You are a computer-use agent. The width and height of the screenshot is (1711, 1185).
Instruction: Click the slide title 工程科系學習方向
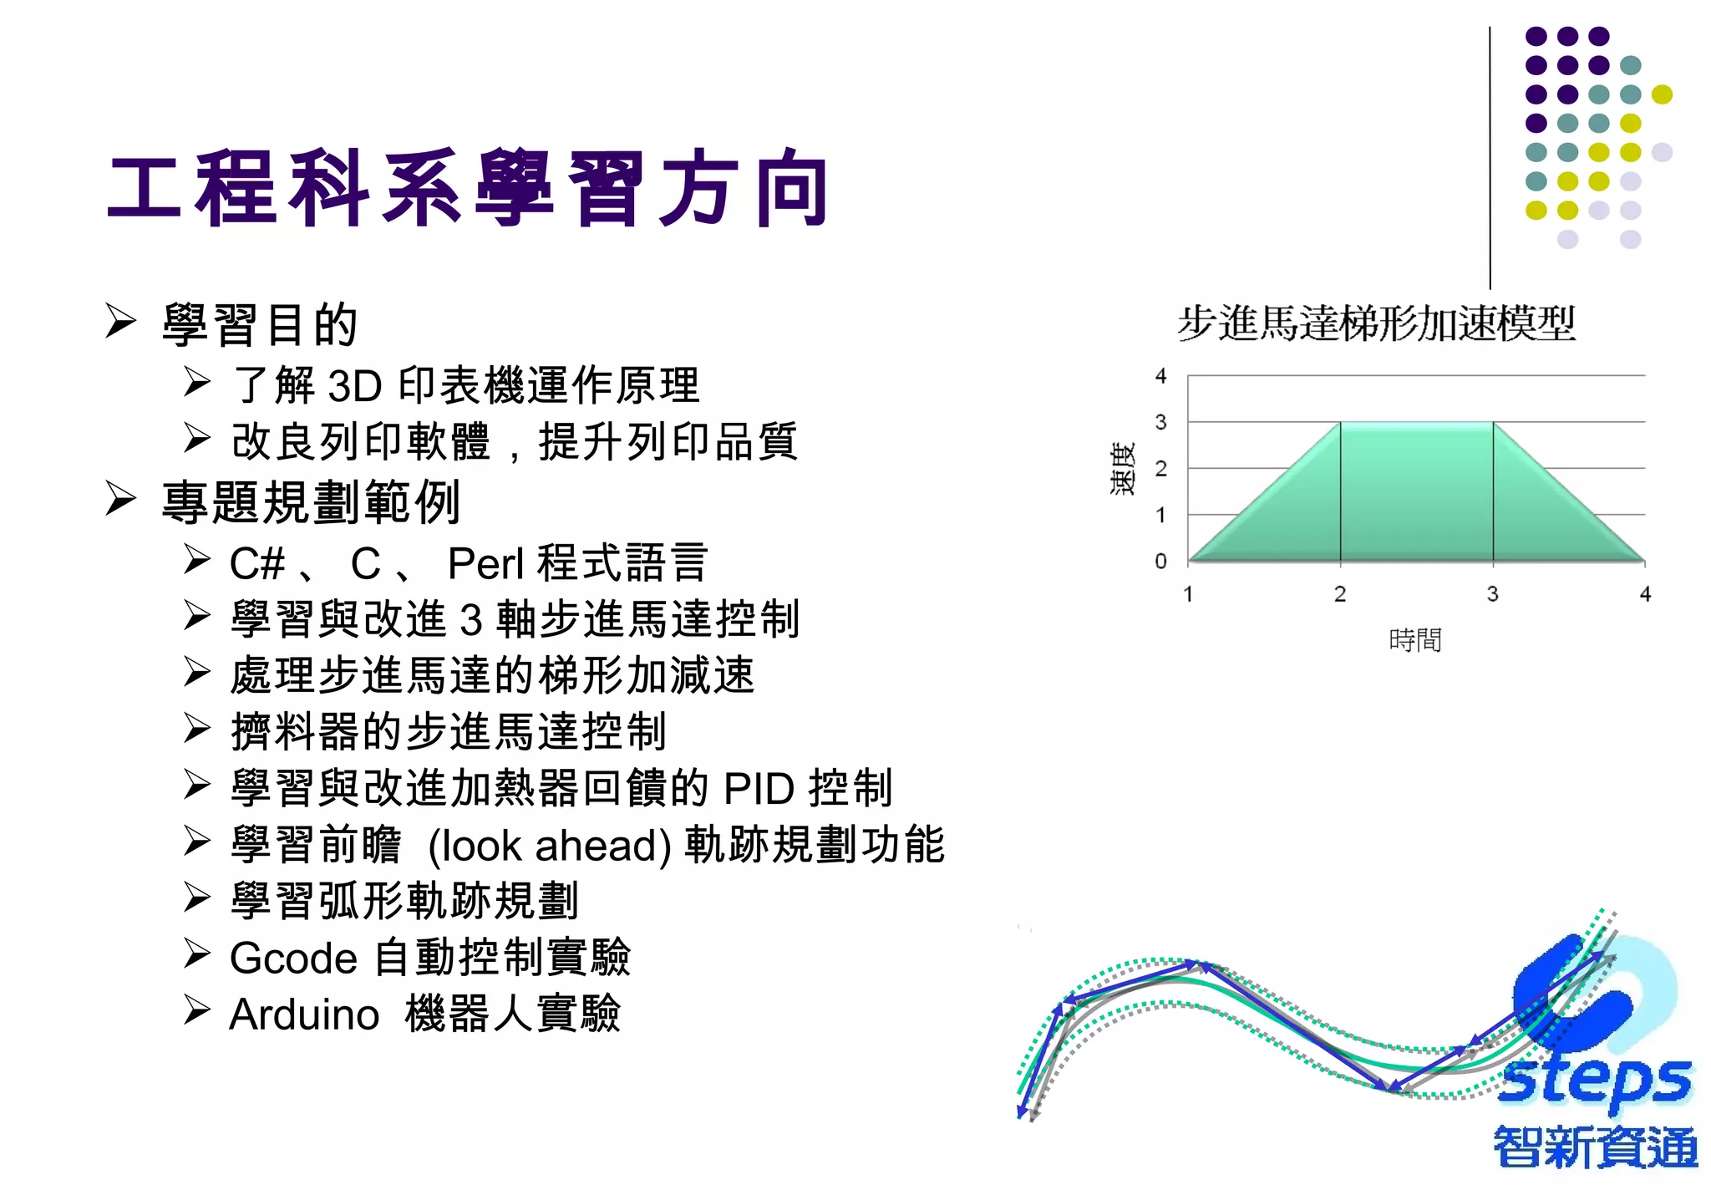pos(468,189)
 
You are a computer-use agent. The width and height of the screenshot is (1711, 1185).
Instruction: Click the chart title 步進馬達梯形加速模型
pos(1376,323)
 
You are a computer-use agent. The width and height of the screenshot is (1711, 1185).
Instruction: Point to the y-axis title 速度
pos(1123,469)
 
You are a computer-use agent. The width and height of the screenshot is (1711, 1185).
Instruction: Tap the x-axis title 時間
pos(1414,640)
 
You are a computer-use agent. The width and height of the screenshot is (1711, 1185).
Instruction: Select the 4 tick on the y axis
pos(1160,376)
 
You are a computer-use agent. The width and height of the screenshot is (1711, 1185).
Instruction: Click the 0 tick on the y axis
pos(1160,561)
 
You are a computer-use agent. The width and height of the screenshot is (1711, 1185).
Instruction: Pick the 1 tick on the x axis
pos(1188,594)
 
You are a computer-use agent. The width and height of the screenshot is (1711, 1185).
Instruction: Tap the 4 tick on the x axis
pos(1645,594)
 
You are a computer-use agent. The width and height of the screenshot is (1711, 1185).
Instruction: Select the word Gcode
pos(293,958)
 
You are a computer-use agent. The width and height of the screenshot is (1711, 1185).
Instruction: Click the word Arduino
pos(304,1015)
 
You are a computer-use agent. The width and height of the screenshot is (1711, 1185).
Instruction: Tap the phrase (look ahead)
pos(550,845)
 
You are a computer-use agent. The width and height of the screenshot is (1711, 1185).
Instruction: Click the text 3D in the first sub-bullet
pos(355,385)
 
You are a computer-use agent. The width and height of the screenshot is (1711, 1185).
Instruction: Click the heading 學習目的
pos(260,324)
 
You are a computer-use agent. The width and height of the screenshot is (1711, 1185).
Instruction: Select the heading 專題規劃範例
pos(311,502)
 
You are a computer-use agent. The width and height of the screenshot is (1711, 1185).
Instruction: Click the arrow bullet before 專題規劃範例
pos(121,499)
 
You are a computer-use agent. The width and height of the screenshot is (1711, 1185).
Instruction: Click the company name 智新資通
pos(1595,1147)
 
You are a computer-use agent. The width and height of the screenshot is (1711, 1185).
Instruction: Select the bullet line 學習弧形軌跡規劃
pos(404,901)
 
